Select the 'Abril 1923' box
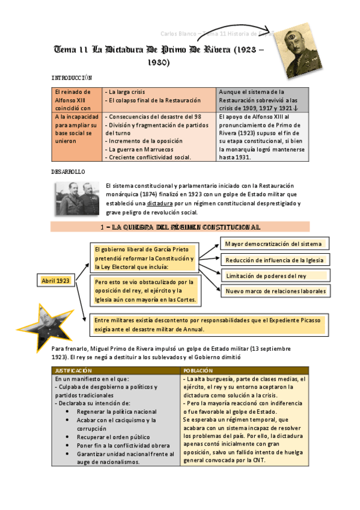click(55, 281)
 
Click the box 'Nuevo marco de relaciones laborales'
click(275, 291)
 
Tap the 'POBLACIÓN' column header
click(198, 371)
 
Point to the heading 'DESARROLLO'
click(68, 171)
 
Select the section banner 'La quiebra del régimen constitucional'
click(180, 227)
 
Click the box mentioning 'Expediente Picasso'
click(208, 325)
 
